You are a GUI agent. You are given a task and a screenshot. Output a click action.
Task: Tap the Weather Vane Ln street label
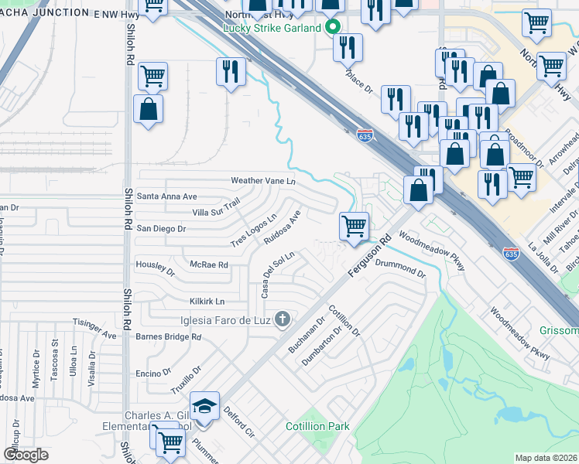[264, 181]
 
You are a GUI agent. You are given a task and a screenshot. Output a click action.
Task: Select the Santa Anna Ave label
[167, 196]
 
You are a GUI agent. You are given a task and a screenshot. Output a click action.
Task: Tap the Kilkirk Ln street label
[207, 301]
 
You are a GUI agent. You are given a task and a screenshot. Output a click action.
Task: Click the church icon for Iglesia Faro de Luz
[283, 319]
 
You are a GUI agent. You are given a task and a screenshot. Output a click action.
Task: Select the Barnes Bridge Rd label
[168, 337]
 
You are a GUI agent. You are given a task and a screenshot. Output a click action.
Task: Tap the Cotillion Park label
[317, 426]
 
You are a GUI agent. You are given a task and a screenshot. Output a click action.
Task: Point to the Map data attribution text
[546, 458]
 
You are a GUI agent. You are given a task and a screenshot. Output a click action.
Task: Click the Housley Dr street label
[156, 268]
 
